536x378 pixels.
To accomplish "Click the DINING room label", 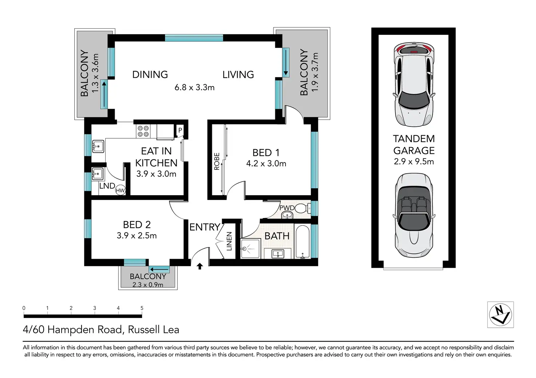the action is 150,75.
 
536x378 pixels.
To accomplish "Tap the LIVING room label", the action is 238,75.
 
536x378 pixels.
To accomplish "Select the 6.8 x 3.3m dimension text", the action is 194,87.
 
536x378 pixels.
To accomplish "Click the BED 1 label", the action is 266,153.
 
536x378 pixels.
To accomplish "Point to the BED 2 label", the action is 137,225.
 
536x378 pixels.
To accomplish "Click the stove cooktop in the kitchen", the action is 143,131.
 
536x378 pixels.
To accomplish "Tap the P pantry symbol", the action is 180,130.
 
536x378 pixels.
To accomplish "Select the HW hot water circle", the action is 120,190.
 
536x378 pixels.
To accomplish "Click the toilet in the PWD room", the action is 303,208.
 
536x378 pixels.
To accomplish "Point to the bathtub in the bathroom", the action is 303,242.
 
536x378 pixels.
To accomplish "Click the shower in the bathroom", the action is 250,248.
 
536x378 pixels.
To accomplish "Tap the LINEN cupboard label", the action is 229,241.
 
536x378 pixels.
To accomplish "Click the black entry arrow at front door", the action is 200,266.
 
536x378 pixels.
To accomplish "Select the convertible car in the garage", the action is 414,215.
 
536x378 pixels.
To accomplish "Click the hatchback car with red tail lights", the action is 414,84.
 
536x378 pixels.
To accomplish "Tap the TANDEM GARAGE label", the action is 414,145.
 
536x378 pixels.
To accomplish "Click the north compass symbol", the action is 500,314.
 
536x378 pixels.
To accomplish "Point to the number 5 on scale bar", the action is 142,308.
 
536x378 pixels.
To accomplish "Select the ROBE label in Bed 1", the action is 217,161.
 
